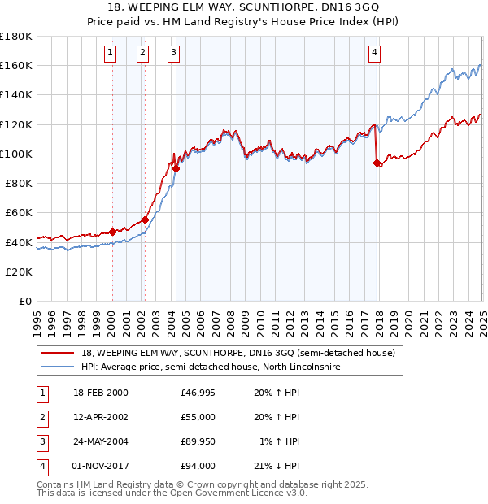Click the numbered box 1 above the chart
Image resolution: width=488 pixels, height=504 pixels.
coord(110,54)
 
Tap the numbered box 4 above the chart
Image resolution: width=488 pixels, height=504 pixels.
coord(374,54)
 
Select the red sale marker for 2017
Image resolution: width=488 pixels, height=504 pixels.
coord(377,163)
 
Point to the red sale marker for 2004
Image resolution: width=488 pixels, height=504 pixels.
coord(176,168)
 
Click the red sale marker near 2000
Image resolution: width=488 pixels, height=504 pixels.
coord(112,232)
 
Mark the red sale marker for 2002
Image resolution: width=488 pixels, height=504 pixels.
coord(145,219)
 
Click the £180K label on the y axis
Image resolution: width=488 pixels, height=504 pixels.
coord(16,36)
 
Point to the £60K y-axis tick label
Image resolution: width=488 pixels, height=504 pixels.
coord(19,212)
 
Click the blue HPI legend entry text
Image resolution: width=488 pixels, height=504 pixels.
coord(210,367)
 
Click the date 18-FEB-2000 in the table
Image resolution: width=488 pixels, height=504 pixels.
coord(100,393)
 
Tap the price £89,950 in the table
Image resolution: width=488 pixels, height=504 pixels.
coord(198,442)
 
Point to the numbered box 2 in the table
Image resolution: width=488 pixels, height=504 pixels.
coord(41,418)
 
